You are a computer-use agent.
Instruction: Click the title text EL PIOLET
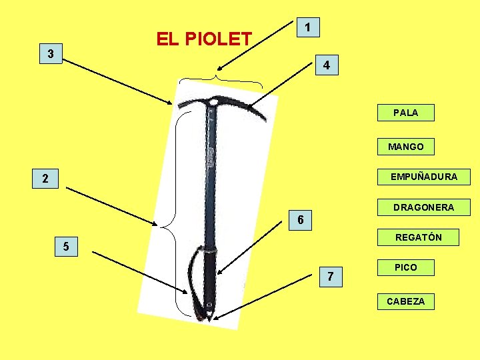coord(203,39)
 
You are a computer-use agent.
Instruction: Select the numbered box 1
coord(307,27)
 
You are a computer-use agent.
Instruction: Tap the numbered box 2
coord(45,178)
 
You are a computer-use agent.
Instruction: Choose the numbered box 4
coord(326,66)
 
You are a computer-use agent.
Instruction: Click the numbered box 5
coord(65,247)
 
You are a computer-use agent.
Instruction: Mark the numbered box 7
coord(331,276)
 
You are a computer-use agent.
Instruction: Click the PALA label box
coord(405,113)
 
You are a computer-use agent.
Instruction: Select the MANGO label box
coord(405,146)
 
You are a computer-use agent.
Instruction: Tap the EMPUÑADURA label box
coord(423,177)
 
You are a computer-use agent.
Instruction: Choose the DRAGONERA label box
coord(423,207)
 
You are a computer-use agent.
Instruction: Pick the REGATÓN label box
coord(418,237)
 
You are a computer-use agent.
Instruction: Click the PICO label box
coord(405,267)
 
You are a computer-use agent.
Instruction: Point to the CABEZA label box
coord(405,301)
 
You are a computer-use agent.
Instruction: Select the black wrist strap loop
coord(195,280)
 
